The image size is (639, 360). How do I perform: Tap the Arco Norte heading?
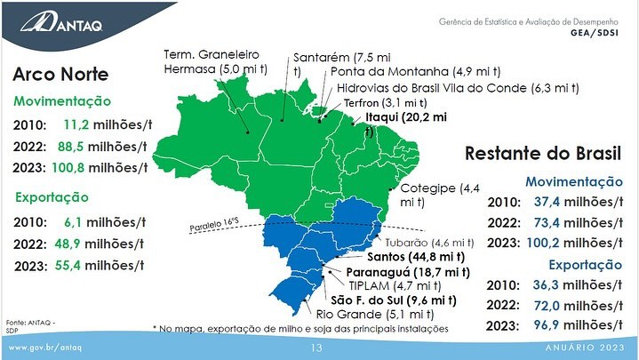[60, 75]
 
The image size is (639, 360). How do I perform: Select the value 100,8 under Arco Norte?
[68, 168]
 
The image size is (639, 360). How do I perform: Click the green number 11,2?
[76, 124]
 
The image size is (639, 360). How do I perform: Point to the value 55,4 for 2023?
[68, 266]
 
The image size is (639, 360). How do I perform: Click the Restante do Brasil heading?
[543, 154]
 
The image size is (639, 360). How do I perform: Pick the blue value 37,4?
[547, 202]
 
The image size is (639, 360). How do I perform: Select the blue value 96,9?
[546, 325]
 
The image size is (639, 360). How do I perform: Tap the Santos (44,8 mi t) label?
[416, 257]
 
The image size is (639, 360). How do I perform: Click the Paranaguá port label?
[408, 272]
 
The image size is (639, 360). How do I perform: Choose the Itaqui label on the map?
[406, 124]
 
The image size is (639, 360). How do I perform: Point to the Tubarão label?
[429, 243]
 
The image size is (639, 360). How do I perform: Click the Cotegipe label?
[440, 195]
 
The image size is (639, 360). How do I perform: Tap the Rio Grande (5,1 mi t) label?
[375, 315]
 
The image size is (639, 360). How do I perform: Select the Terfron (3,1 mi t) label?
[386, 103]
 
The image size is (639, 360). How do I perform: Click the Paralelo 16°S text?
[214, 225]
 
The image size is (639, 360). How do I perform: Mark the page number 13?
[316, 348]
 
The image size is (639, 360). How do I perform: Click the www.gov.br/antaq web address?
[45, 348]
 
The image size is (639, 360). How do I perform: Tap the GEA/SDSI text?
[595, 33]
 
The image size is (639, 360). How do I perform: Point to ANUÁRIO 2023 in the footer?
[585, 348]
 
